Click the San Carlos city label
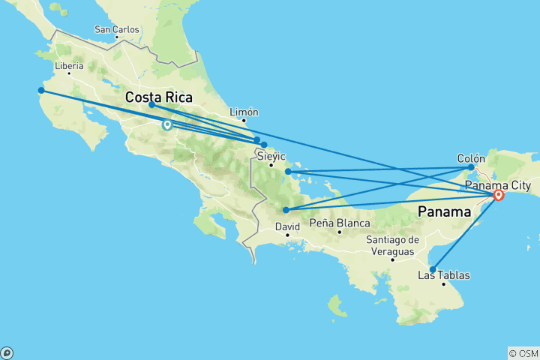point(116,30)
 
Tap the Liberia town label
point(68,66)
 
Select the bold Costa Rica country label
point(158,97)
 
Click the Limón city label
point(244,112)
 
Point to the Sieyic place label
point(271,157)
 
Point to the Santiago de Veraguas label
point(391,244)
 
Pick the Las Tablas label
point(444,275)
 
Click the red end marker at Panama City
point(498,196)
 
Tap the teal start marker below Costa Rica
point(166,125)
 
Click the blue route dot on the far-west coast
point(41,91)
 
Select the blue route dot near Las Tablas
point(433,269)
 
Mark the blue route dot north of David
point(286,210)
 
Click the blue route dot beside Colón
point(471,167)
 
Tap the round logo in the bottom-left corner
point(7,352)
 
